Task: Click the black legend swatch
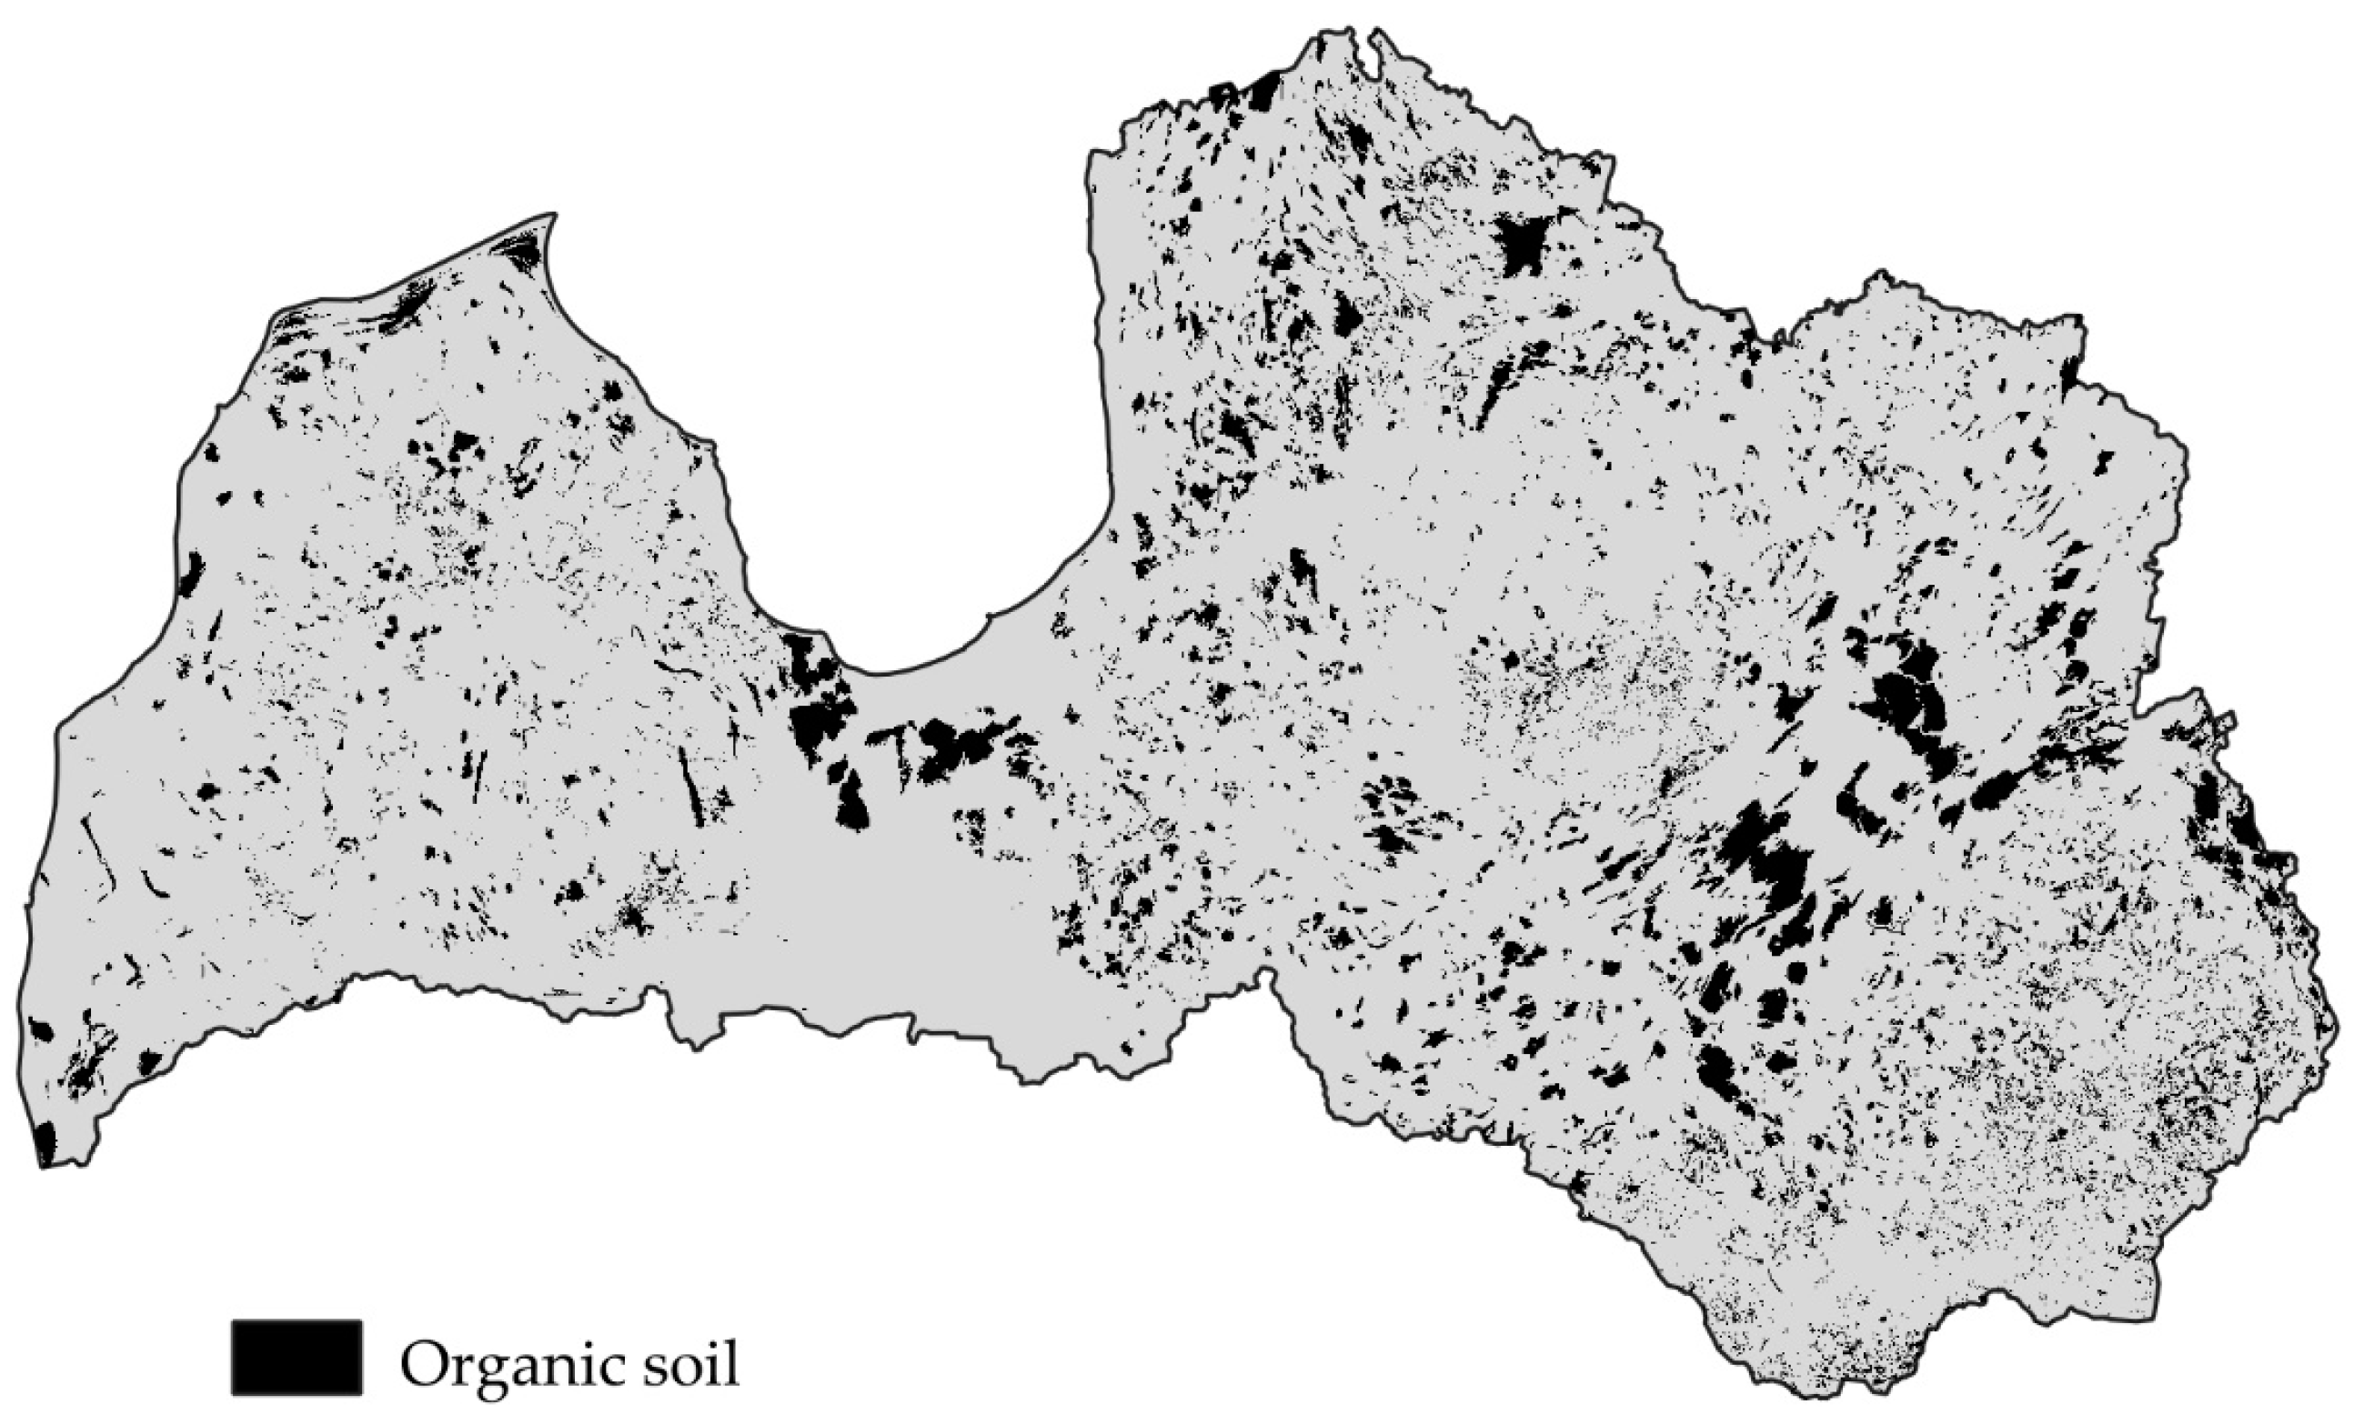tap(296, 1356)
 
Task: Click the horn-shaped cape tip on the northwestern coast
tap(552, 216)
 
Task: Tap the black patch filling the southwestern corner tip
tap(45, 1145)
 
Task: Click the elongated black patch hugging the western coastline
tap(191, 573)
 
